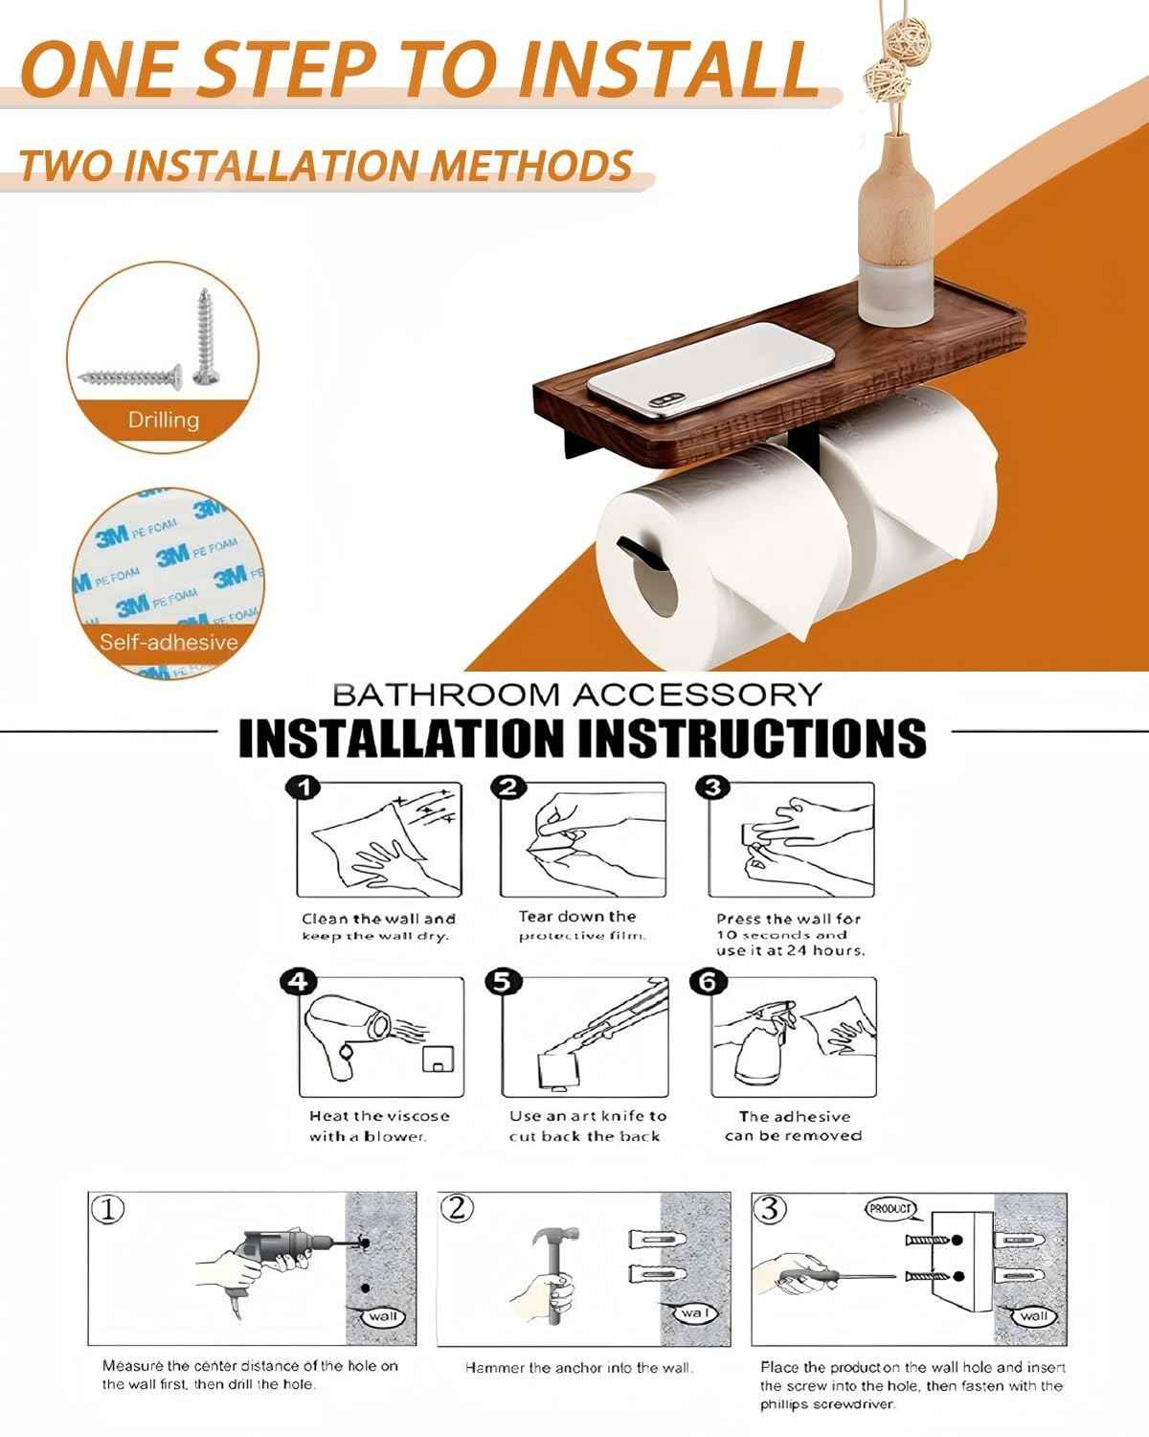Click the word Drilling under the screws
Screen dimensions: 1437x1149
164,420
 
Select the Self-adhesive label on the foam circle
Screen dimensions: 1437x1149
169,641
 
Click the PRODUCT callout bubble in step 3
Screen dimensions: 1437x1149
890,1209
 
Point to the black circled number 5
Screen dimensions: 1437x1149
504,982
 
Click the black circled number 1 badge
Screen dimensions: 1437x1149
303,788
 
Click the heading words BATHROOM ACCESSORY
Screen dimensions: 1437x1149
577,693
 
